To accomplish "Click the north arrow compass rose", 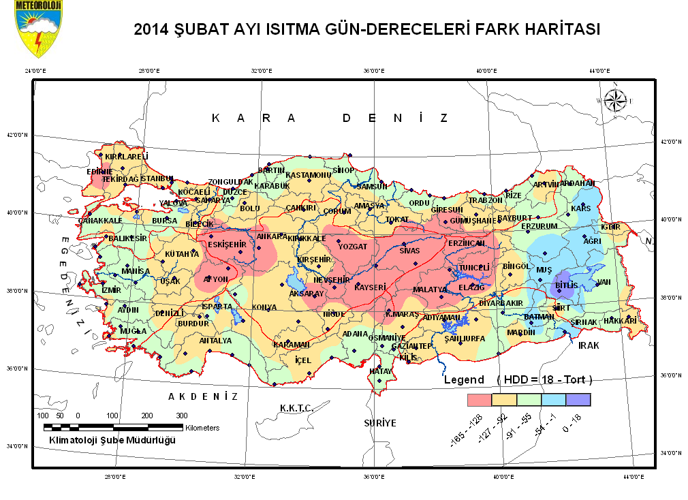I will [616, 100].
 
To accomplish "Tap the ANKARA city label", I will [271, 236].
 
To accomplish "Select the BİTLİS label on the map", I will [566, 285].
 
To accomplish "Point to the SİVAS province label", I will [410, 250].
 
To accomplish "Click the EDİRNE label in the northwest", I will [99, 172].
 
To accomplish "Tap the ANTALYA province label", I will [215, 340].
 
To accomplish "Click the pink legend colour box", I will [479, 399].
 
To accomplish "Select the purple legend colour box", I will [578, 399].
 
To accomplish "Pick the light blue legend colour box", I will [553, 399].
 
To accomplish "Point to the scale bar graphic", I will [113, 427].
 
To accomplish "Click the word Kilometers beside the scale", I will [202, 428].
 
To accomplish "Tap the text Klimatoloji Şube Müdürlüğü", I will [112, 440].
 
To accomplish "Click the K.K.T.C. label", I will [296, 407].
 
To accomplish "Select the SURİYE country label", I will [379, 423].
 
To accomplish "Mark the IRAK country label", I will [589, 345].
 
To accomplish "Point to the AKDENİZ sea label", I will [203, 396].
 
